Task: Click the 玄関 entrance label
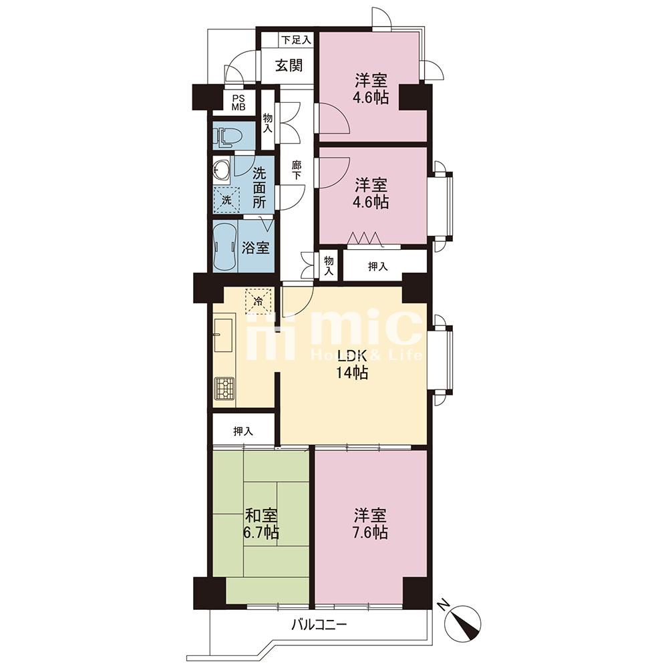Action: tap(289, 65)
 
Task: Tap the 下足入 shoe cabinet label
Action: tap(296, 41)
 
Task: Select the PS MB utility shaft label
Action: tap(238, 103)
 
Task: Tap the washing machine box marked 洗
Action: tap(226, 199)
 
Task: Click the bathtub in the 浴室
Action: tap(225, 246)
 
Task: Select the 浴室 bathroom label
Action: tap(256, 248)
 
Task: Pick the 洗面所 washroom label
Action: tap(259, 188)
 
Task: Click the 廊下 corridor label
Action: tap(297, 170)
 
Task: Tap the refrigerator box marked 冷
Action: tap(258, 301)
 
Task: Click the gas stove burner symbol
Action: tap(224, 389)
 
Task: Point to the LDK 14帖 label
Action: tap(352, 364)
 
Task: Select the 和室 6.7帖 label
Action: tap(261, 524)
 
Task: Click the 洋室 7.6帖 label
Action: tap(370, 524)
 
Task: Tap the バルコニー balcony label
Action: tap(319, 626)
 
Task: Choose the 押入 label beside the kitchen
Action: tap(243, 431)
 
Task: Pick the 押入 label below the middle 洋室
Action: tap(378, 267)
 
